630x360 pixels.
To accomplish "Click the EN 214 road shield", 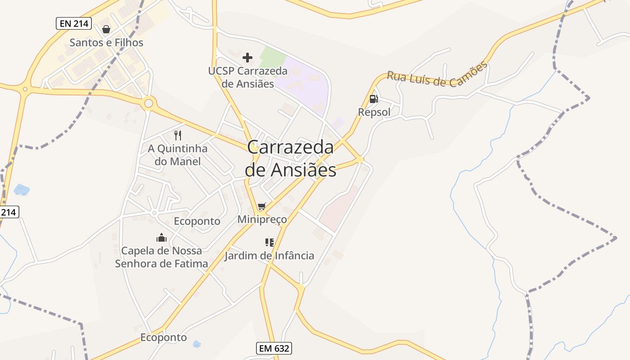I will [x=74, y=23].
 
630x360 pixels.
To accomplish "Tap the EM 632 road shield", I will [x=274, y=348].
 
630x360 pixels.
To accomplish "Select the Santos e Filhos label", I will [x=106, y=43].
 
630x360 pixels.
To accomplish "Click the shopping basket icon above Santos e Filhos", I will [x=106, y=29].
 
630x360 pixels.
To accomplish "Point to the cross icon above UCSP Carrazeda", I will [x=247, y=58].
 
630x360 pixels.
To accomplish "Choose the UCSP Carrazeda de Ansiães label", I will [x=247, y=77].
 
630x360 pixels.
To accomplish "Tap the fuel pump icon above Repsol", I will [x=373, y=99].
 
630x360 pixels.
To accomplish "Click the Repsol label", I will [x=374, y=112].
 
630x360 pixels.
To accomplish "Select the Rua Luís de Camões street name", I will [x=437, y=76].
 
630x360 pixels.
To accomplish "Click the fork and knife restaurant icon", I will [x=178, y=135].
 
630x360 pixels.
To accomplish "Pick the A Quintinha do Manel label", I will [x=178, y=155].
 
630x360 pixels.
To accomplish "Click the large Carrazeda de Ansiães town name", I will [x=291, y=158].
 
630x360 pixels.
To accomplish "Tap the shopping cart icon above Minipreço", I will [x=262, y=207].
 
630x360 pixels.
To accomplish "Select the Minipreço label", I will [x=262, y=220].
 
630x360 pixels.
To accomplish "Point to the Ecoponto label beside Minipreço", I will [x=197, y=221].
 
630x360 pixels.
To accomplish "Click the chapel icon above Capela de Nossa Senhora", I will [x=162, y=238].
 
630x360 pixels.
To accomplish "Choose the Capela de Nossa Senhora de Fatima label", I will [x=162, y=257].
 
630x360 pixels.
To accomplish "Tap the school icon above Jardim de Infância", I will [x=270, y=243].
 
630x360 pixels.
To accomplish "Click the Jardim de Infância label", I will [x=270, y=256].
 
